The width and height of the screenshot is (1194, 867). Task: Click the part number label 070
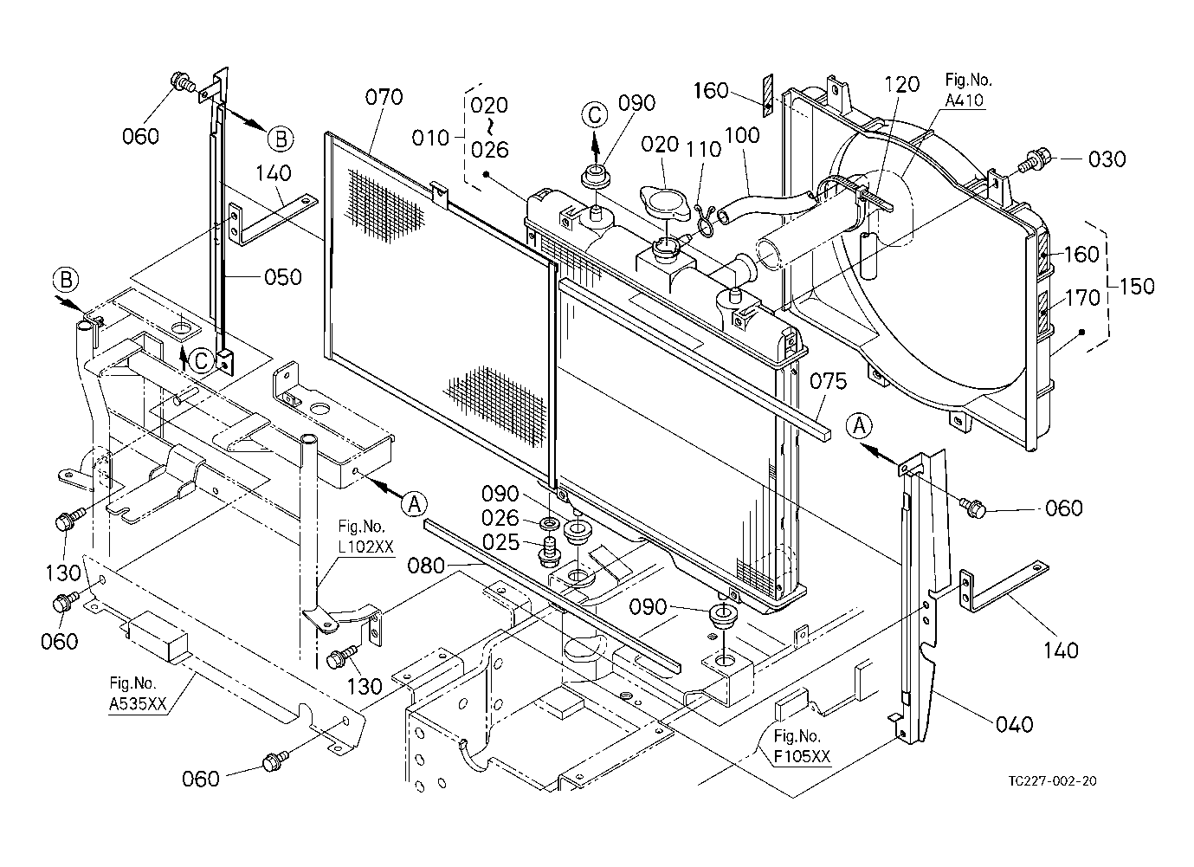pyautogui.click(x=384, y=97)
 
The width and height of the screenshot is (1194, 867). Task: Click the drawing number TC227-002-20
pyautogui.click(x=1052, y=780)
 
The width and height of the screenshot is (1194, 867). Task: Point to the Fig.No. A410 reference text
pyautogui.click(x=968, y=90)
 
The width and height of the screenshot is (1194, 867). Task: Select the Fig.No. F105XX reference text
pyautogui.click(x=802, y=747)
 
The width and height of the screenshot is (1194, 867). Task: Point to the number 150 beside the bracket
pyautogui.click(x=1136, y=285)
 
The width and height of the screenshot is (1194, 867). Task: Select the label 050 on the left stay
pyautogui.click(x=283, y=277)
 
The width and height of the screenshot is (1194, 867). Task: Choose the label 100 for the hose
pyautogui.click(x=742, y=135)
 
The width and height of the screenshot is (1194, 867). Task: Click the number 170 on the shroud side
pyautogui.click(x=1081, y=298)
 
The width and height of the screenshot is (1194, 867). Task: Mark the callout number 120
pyautogui.click(x=901, y=85)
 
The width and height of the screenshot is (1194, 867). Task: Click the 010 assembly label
pyautogui.click(x=431, y=138)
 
